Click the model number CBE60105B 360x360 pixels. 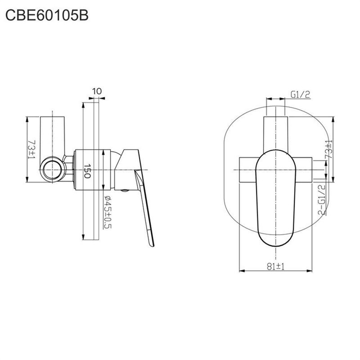[x=47, y=15]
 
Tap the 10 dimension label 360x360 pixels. [x=97, y=91]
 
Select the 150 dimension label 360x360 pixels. [x=87, y=171]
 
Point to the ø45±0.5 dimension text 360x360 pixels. [x=108, y=212]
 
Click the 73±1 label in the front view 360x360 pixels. [x=329, y=149]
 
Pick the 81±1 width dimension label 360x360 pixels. [x=275, y=266]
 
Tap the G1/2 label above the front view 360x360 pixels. [x=301, y=94]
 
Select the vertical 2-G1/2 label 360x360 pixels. [x=322, y=200]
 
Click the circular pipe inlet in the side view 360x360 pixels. [x=52, y=170]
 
